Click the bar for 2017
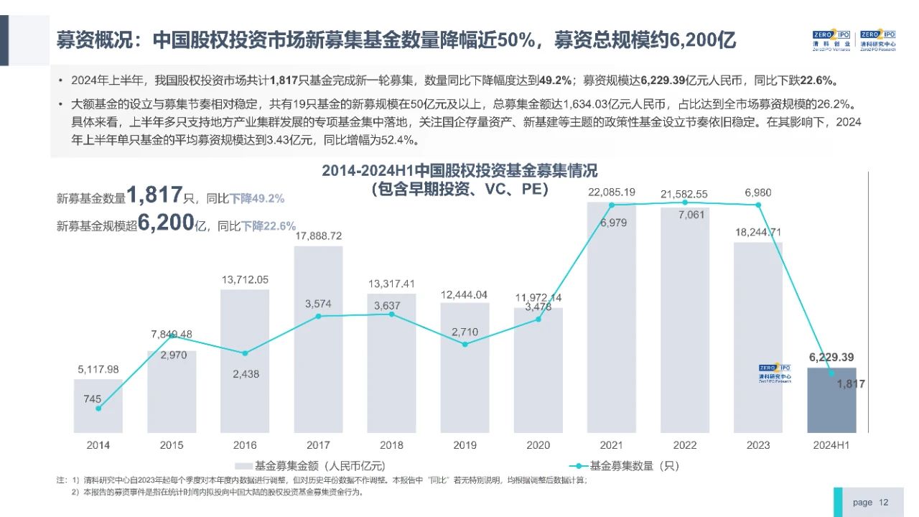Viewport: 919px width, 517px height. pos(318,345)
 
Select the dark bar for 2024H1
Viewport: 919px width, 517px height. pos(831,402)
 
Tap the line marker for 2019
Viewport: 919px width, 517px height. pos(465,344)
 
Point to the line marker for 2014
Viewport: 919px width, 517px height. pos(98,408)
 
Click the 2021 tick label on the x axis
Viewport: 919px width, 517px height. pos(612,445)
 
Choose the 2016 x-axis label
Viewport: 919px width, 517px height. pos(245,445)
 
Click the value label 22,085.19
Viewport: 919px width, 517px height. pos(612,192)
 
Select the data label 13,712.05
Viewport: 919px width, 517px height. pos(244,279)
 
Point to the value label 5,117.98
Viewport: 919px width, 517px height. pos(98,369)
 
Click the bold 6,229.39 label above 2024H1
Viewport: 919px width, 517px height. pos(831,357)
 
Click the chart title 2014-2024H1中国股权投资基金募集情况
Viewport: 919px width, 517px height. pos(459,172)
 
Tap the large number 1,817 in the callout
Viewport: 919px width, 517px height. pos(154,195)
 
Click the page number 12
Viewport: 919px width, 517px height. pos(884,502)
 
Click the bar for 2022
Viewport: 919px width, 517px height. pos(685,323)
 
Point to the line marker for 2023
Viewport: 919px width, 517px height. pos(758,205)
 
